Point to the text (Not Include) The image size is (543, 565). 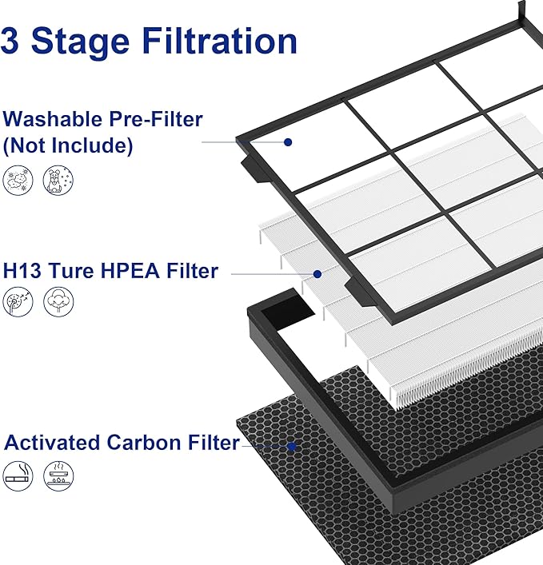(x=68, y=146)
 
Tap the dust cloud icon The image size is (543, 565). (x=18, y=181)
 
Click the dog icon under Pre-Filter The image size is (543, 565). (x=58, y=181)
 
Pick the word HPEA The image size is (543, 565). (x=120, y=272)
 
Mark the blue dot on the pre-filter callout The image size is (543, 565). (x=288, y=141)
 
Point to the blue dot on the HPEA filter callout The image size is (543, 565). (x=317, y=273)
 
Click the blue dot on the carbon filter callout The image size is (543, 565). (x=293, y=447)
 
